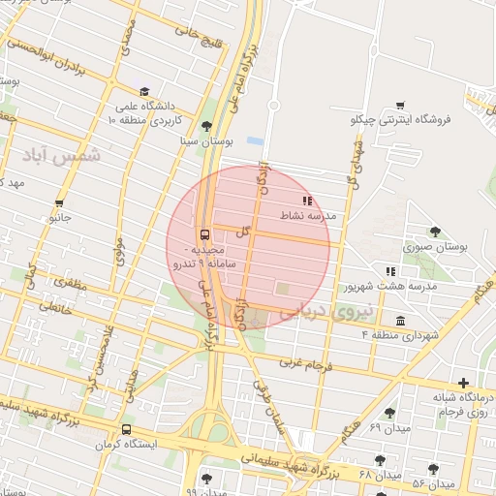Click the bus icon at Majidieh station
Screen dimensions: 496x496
pos(203,233)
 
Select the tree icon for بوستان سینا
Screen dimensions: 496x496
pos(205,126)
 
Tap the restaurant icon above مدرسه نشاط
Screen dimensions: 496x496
pos(307,201)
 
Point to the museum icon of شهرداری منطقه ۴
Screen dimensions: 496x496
pos(400,321)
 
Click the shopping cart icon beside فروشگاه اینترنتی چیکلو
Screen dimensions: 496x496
pos(400,106)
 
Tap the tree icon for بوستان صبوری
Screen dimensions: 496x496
pos(435,232)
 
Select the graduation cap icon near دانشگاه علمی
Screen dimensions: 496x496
pos(144,90)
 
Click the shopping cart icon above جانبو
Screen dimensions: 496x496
pos(60,203)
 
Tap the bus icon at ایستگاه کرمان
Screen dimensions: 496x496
pos(126,430)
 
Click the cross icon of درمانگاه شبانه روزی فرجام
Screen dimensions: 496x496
pos(464,383)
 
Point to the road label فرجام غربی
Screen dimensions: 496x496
pos(304,365)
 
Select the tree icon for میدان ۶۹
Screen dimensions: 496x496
pos(389,413)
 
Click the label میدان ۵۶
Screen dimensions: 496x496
pos(433,482)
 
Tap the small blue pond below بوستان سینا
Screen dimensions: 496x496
pos(254,141)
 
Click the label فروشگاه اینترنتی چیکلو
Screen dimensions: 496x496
pos(400,120)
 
